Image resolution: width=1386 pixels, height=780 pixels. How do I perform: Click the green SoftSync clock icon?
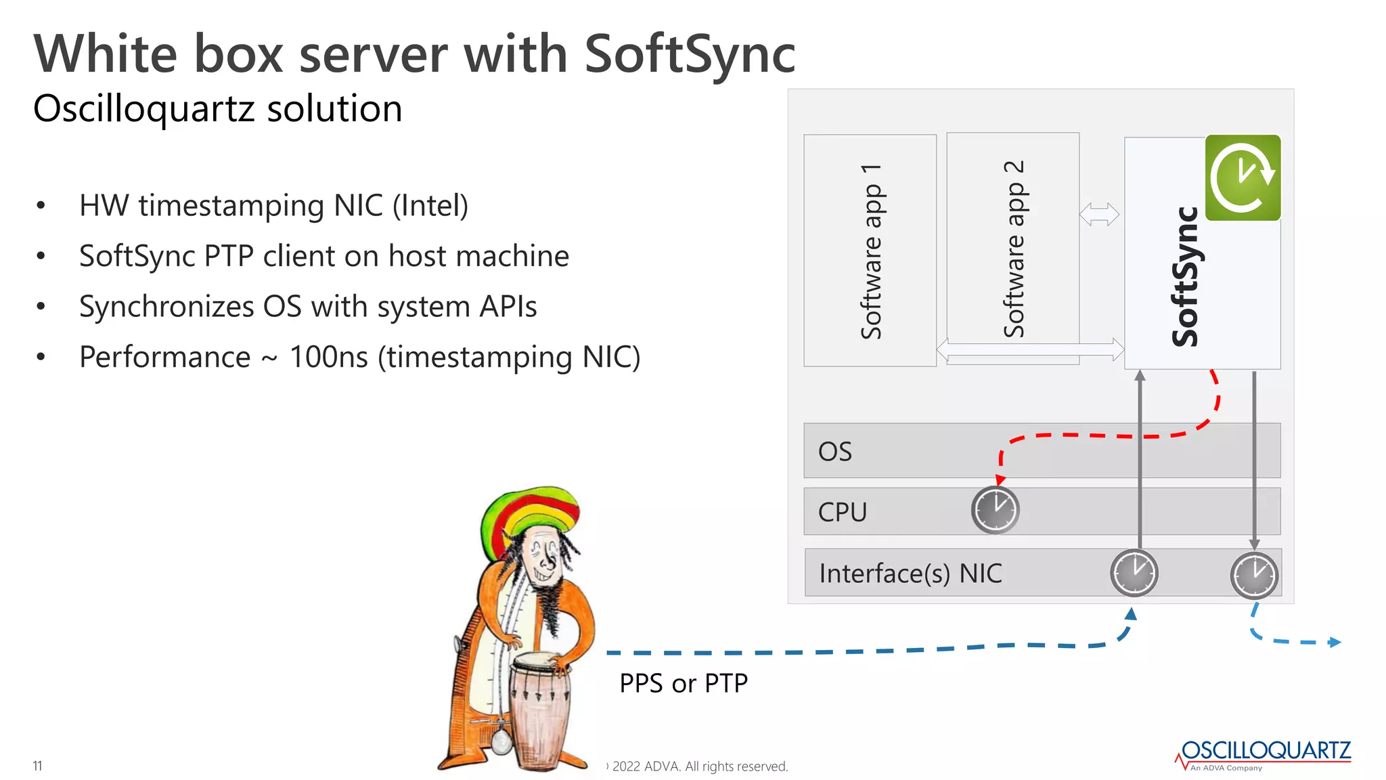point(1243,177)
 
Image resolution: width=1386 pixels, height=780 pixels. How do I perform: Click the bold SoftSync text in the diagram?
point(1185,278)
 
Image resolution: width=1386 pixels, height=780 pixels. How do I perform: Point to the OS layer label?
point(834,452)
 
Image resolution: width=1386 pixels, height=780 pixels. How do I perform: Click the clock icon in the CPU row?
point(995,510)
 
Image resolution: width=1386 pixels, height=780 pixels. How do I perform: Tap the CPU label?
point(842,513)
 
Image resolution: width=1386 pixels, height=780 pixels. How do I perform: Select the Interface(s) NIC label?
point(910,573)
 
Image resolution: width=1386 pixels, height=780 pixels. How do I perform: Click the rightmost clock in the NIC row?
point(1254,576)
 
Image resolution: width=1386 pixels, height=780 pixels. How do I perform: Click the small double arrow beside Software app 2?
point(1099,215)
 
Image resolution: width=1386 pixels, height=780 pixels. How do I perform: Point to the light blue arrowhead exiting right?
point(1335,643)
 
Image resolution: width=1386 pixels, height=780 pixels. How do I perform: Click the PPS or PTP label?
point(683,683)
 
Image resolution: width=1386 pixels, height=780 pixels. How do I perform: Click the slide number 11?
point(37,766)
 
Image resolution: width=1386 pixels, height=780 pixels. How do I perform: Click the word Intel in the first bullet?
point(430,206)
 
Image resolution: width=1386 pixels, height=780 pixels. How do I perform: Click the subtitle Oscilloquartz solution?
point(217,109)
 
